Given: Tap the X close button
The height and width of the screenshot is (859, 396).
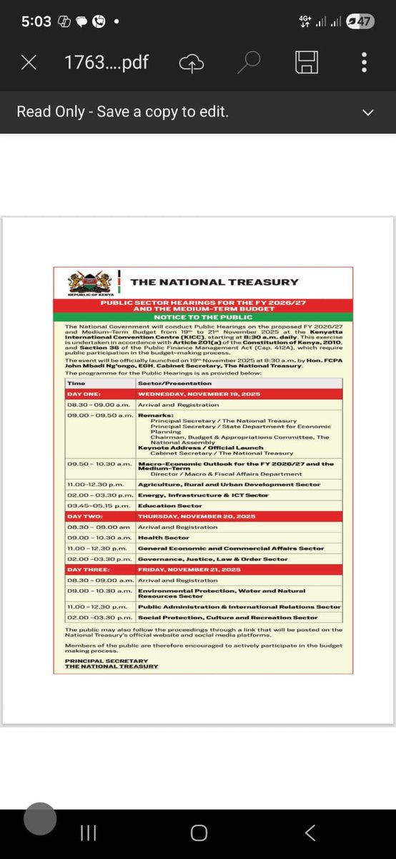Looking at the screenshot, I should pyautogui.click(x=29, y=63).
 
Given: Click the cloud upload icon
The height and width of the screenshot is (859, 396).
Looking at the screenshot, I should pyautogui.click(x=192, y=63).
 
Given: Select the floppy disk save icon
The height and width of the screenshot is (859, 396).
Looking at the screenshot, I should pyautogui.click(x=307, y=63).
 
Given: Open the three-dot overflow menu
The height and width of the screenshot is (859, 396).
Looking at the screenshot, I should pyautogui.click(x=365, y=63).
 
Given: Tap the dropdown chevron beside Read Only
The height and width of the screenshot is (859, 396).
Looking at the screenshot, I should pyautogui.click(x=369, y=112).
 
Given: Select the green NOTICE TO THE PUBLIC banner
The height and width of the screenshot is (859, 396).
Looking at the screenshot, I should pyautogui.click(x=203, y=316).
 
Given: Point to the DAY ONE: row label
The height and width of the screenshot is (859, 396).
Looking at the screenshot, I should pyautogui.click(x=84, y=394).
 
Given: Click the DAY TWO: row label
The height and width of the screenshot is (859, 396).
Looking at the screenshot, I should pyautogui.click(x=86, y=515).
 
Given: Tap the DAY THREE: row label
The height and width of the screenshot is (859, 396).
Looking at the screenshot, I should pyautogui.click(x=88, y=570).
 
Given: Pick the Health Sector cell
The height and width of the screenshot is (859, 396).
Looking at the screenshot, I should pyautogui.click(x=164, y=538).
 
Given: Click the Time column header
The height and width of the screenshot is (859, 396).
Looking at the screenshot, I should pyautogui.click(x=76, y=383).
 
